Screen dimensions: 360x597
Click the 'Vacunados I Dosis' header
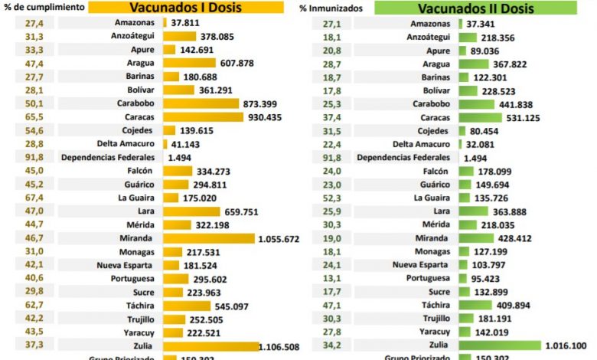[184, 9]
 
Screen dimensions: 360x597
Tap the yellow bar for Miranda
[208, 238]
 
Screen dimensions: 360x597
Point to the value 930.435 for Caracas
[266, 117]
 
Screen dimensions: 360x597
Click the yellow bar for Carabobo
[201, 103]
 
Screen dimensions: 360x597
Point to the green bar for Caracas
[481, 117]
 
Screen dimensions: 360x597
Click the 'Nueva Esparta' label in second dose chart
[419, 265]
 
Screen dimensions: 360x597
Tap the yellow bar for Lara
[191, 211]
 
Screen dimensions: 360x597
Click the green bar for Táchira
[475, 305]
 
